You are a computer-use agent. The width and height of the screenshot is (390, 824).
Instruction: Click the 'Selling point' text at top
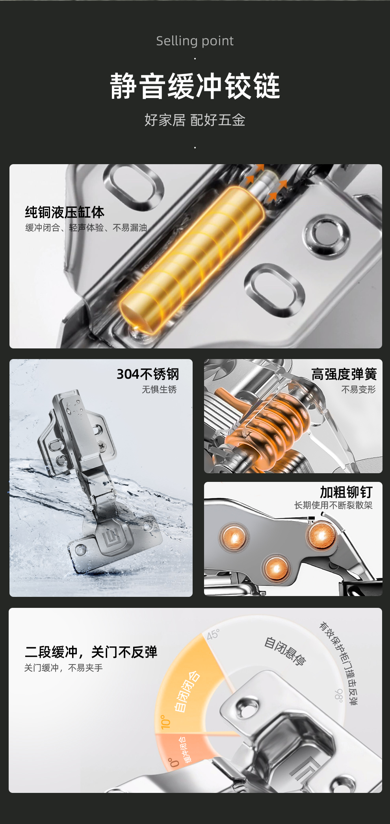pyautogui.click(x=195, y=41)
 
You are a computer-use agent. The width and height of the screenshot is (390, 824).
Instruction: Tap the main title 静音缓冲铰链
pyautogui.click(x=195, y=85)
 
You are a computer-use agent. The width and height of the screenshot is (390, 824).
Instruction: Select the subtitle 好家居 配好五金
pyautogui.click(x=195, y=120)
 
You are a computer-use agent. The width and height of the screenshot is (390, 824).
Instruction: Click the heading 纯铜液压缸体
pyautogui.click(x=65, y=212)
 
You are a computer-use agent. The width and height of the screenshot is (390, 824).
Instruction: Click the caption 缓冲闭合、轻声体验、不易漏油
pyautogui.click(x=86, y=228)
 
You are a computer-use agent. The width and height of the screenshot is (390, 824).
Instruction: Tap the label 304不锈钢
pyautogui.click(x=148, y=374)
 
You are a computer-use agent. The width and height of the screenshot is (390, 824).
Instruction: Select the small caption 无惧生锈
pyautogui.click(x=159, y=389)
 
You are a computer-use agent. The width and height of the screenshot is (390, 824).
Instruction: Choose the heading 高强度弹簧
pyautogui.click(x=344, y=374)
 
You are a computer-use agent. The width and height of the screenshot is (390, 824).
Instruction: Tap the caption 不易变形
pyautogui.click(x=358, y=389)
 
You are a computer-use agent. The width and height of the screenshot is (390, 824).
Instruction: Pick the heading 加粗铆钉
pyautogui.click(x=346, y=492)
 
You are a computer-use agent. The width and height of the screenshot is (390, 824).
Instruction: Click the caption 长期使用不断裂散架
pyautogui.click(x=333, y=505)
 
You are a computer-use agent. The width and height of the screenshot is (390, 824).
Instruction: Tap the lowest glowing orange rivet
pyautogui.click(x=276, y=568)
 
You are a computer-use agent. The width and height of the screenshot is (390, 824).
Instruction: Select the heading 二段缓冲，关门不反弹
pyautogui.click(x=91, y=652)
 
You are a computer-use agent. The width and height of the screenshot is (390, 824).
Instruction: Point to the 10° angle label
pyautogui.click(x=165, y=722)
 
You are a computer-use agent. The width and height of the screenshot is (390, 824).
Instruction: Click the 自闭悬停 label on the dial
pyautogui.click(x=284, y=651)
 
